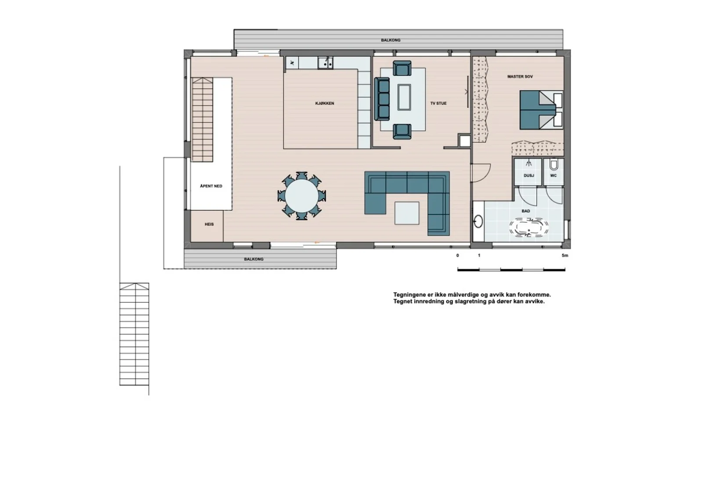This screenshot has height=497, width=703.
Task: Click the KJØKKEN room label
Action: click(325, 103)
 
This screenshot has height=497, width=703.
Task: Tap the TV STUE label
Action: click(438, 103)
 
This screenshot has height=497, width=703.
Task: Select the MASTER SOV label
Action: click(520, 76)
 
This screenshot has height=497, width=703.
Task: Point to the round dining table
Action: click(301, 196)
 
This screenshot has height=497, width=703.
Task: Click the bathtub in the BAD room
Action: click(529, 228)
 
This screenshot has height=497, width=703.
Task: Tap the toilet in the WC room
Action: click(554, 164)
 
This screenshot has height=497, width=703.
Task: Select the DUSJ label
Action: click(529, 175)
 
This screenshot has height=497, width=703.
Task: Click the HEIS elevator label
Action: click(209, 224)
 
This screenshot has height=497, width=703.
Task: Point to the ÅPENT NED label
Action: click(211, 186)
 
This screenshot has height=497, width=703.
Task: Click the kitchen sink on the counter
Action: click(325, 63)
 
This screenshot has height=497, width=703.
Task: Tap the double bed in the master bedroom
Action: click(541, 110)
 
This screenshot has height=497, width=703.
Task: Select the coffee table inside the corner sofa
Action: click(407, 213)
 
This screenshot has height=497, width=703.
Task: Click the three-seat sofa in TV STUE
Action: click(382, 99)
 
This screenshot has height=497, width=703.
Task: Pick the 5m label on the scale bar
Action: click(565, 256)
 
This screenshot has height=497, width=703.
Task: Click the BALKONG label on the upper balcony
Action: click(391, 40)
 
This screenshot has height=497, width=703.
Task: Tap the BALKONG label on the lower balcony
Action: click(254, 259)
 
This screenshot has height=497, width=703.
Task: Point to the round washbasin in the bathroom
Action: click(478, 221)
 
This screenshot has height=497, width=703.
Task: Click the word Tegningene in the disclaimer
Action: click(409, 295)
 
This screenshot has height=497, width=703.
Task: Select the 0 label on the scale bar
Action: click(457, 256)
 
